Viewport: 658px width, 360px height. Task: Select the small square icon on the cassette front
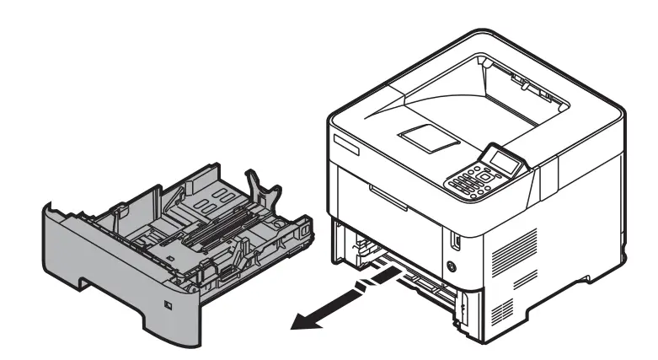[x=168, y=304]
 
